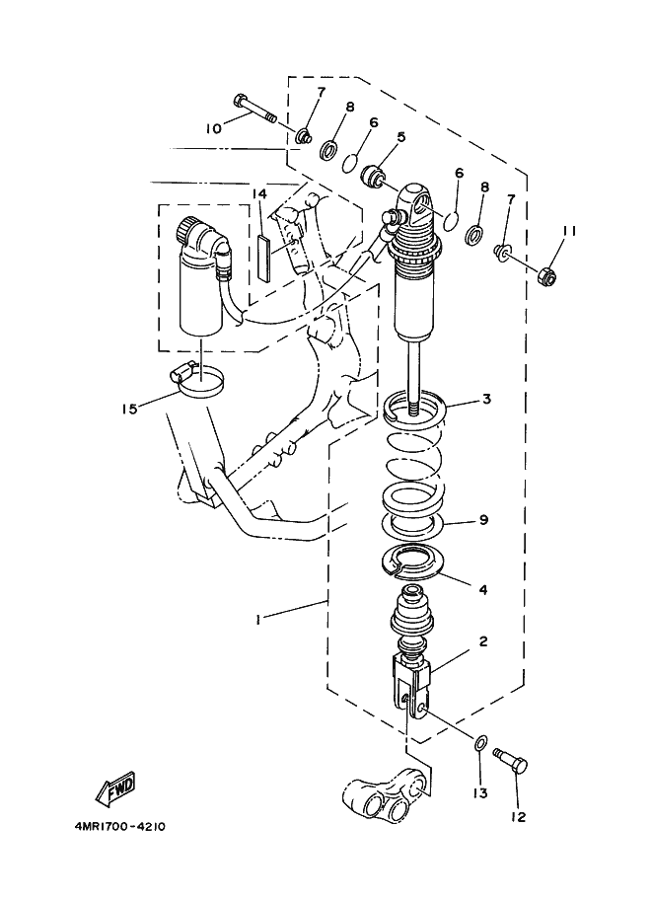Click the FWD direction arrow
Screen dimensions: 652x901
point(115,788)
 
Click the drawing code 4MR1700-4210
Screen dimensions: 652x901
point(119,827)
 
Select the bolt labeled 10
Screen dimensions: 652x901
point(255,110)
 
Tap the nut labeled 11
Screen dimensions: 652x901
point(547,276)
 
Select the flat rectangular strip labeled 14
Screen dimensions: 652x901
point(263,259)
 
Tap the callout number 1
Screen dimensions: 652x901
point(258,619)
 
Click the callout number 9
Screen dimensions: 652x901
point(483,519)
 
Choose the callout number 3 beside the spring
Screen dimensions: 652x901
point(486,399)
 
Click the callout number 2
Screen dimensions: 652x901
point(483,640)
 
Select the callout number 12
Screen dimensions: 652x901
point(518,816)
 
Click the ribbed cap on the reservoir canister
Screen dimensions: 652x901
point(185,228)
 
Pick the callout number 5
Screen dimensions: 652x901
point(401,137)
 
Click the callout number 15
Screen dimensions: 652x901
point(130,410)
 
